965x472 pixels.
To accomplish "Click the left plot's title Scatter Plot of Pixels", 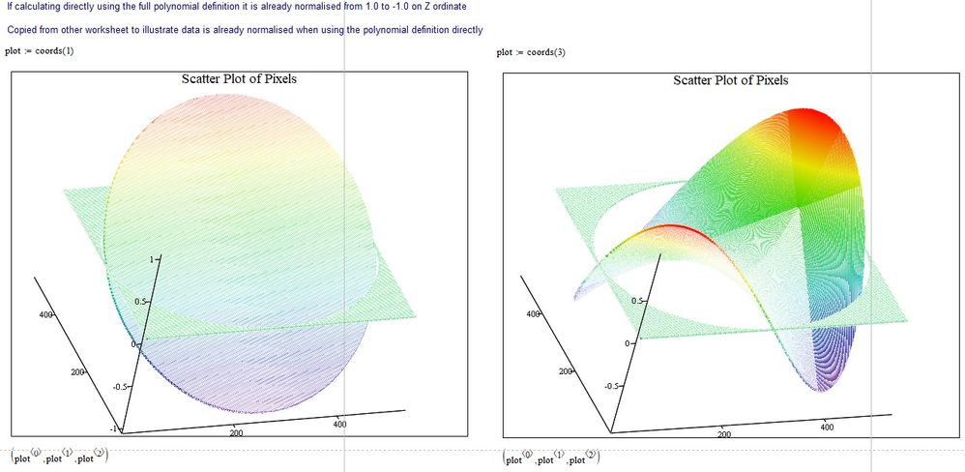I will (239, 78).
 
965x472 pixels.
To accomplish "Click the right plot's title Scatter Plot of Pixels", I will (730, 79).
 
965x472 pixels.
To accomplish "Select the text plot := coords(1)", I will (40, 52).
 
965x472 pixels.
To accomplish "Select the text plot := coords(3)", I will (531, 52).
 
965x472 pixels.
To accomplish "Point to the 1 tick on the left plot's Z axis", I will (151, 259).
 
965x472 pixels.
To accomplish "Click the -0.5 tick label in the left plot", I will (122, 386).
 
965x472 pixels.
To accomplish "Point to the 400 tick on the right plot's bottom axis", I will (826, 426).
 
